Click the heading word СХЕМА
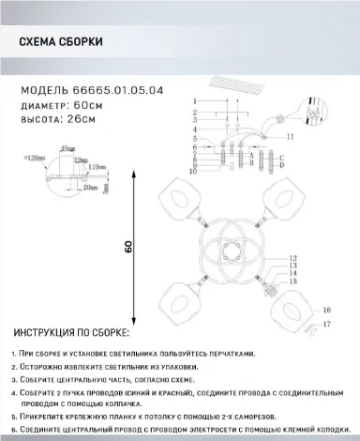pos(40,43)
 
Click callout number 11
pos(290,137)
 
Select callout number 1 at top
pos(194,100)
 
